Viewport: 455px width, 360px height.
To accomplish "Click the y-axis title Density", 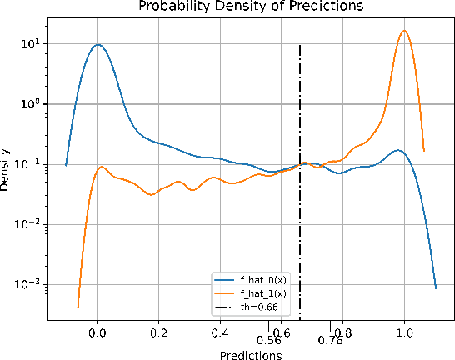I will (7, 170).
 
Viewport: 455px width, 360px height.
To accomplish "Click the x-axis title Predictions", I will (249, 354).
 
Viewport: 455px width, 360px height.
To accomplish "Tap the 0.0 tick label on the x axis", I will (97, 331).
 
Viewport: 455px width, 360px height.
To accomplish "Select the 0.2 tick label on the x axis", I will (159, 331).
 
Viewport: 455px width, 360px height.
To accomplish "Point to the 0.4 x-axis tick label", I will (220, 331).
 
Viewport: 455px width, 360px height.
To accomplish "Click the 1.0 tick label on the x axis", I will (404, 331).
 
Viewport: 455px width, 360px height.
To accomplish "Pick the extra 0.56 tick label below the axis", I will (269, 340).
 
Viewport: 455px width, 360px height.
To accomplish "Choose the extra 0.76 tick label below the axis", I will (331, 340).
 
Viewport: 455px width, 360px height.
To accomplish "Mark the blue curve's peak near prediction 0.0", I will (97, 45).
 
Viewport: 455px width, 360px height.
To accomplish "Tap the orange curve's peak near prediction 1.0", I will (404, 31).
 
